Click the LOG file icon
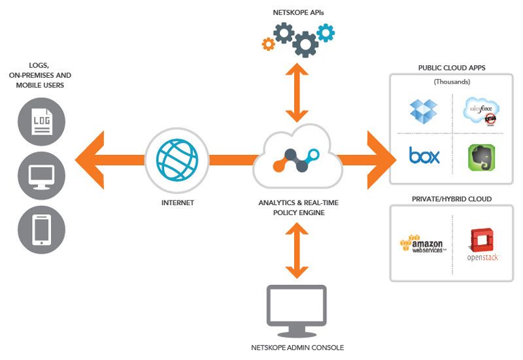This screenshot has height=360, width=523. point(41,121)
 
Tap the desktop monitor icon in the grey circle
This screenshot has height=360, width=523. point(41,175)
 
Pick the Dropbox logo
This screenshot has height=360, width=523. point(423,109)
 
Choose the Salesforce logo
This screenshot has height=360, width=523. point(482,109)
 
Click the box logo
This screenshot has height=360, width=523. point(424,155)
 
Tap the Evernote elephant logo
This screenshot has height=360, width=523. point(482,157)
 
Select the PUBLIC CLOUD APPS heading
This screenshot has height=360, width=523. point(452,68)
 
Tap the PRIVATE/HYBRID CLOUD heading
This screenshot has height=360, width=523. point(451,198)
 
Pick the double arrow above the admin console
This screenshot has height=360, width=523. point(297,251)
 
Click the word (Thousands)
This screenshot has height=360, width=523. point(452,82)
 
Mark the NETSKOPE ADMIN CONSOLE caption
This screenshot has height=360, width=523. point(297,348)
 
